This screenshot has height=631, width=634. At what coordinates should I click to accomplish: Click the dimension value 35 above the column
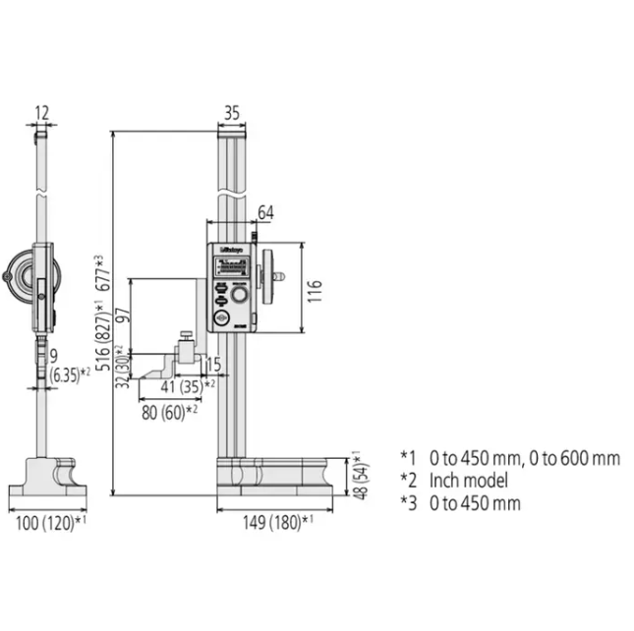(231, 113)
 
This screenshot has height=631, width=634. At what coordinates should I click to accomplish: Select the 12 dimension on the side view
(40, 113)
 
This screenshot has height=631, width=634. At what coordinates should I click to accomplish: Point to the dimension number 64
(265, 212)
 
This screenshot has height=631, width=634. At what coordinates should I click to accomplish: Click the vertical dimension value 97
(122, 315)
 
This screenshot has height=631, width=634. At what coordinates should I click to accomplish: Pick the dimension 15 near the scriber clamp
(213, 366)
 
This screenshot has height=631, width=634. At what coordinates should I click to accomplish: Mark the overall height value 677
(98, 272)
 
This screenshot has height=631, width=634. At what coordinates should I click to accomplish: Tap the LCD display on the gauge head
(232, 266)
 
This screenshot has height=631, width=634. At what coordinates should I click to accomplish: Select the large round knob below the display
(239, 295)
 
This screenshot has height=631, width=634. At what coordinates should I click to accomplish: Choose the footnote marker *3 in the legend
(408, 503)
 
